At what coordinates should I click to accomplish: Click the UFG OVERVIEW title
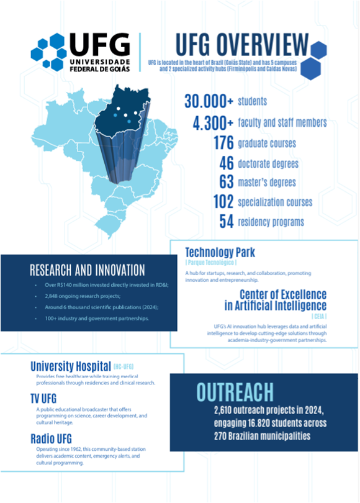coord(242,45)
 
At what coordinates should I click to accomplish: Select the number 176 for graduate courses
coord(222,143)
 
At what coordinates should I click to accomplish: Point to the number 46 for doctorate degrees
coord(226,163)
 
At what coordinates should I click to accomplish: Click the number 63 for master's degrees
coord(226,183)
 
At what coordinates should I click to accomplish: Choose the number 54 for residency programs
coord(226,221)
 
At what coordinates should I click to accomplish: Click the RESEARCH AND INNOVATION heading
coord(88,270)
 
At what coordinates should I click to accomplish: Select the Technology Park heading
coord(220,253)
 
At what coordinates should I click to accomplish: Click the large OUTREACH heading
coord(235,392)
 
